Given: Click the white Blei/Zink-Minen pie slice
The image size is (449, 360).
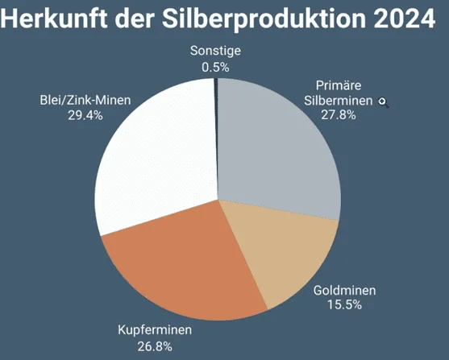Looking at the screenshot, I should coord(153,153).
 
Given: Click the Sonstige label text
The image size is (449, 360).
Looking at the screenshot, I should coord(215,51).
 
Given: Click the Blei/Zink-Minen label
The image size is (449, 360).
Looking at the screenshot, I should coord(85,101).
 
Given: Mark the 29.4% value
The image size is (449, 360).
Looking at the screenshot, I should coord(85,115).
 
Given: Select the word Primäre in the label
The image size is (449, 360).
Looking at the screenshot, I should coord(338,86).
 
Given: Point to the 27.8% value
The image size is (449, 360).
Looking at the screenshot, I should coord(338,116).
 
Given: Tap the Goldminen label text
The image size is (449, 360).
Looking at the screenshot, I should coord(343,290).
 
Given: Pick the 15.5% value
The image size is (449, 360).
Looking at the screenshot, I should coord(343,305).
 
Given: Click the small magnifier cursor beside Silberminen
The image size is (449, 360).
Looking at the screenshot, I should coord(383,102).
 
